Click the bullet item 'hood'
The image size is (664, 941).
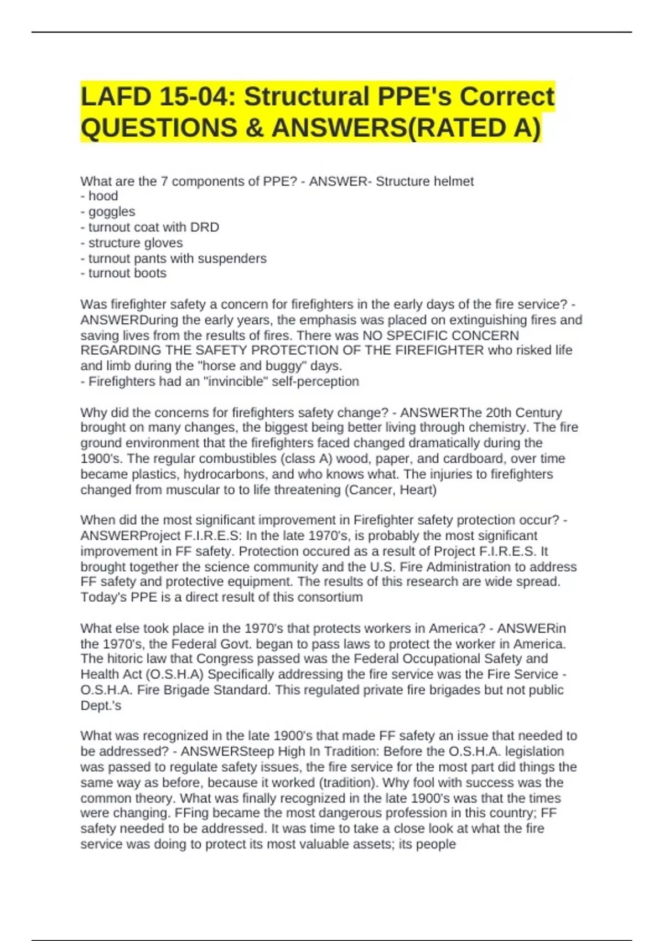click(103, 196)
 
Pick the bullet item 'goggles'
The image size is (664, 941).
click(112, 211)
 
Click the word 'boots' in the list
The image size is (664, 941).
click(151, 273)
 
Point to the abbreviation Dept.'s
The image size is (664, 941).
click(101, 706)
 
